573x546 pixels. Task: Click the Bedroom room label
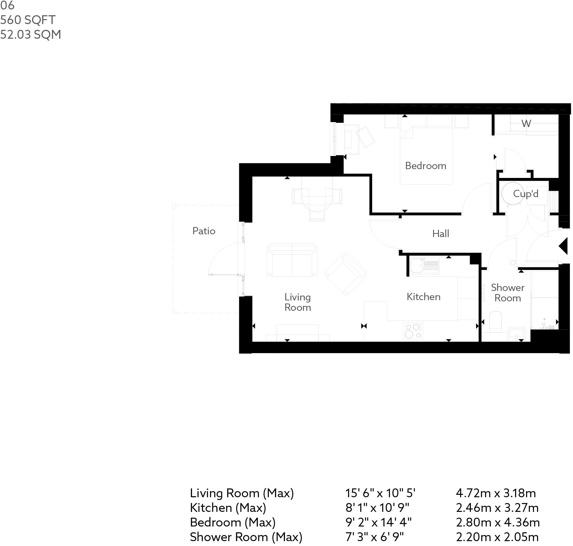(425, 166)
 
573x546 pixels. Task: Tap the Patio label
(204, 231)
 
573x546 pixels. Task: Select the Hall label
(440, 234)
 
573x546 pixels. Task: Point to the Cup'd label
(525, 194)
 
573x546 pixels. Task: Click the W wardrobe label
(526, 123)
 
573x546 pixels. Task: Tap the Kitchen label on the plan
(423, 297)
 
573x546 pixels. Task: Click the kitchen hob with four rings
(413, 331)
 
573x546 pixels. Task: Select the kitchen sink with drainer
(424, 265)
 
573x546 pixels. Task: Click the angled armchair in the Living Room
(346, 274)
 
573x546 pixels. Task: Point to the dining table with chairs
(317, 201)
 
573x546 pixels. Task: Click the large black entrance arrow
(564, 246)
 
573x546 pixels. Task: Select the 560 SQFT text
(28, 20)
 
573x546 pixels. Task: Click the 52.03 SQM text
(30, 35)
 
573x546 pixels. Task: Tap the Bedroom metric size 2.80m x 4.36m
(497, 522)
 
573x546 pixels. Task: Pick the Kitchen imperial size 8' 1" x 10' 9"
(377, 508)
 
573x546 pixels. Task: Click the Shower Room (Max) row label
(246, 537)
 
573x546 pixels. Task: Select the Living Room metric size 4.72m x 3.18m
(496, 493)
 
